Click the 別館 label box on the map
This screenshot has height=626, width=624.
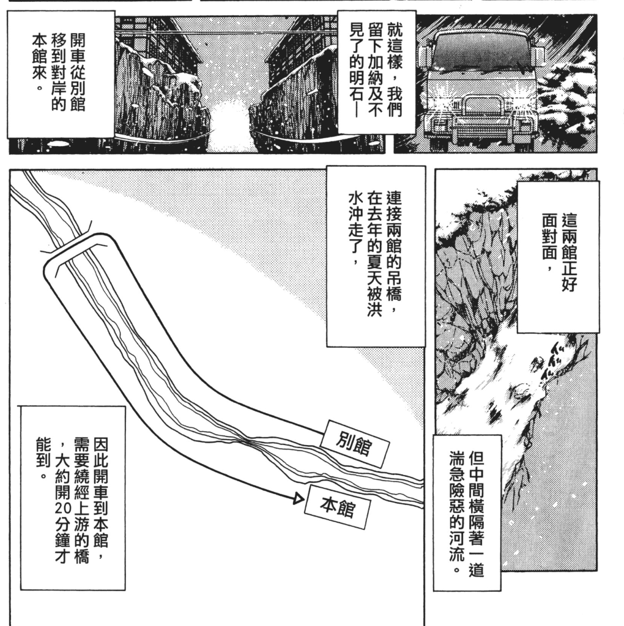pyautogui.click(x=354, y=444)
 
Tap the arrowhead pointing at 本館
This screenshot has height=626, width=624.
pyautogui.click(x=299, y=499)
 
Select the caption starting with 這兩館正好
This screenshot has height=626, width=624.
pyautogui.click(x=559, y=257)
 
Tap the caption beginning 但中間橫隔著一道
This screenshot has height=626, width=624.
pyautogui.click(x=467, y=513)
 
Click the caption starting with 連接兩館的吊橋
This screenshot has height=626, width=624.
pyautogui.click(x=376, y=256)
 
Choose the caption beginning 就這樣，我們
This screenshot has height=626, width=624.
pyautogui.click(x=376, y=72)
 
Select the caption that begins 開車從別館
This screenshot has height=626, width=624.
pyautogui.click(x=61, y=74)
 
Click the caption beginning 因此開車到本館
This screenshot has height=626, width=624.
pyautogui.click(x=72, y=498)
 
